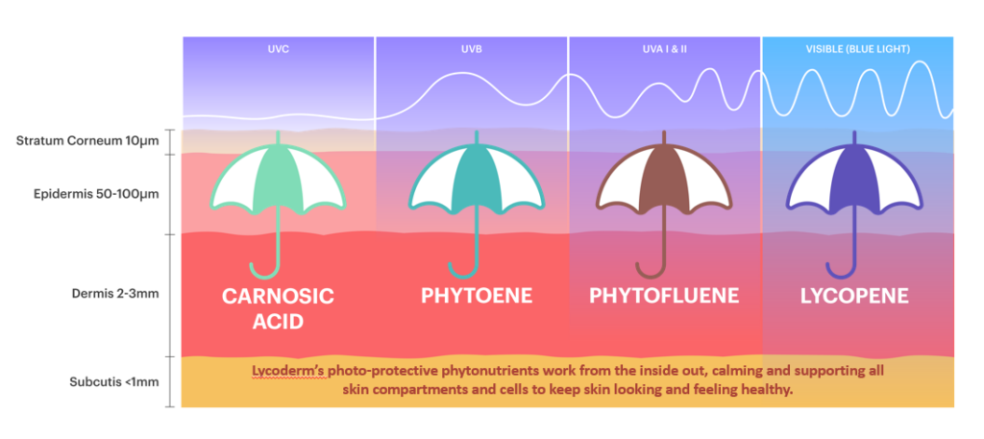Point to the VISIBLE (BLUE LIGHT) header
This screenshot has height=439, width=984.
(857, 48)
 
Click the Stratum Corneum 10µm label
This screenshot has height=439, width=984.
(87, 141)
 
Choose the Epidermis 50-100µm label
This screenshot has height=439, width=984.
(96, 194)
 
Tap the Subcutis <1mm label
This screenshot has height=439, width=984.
(113, 381)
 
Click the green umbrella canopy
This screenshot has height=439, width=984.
(278, 179)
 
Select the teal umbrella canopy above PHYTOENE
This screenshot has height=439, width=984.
(477, 179)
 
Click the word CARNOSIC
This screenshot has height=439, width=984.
(278, 296)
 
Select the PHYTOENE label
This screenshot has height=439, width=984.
(477, 295)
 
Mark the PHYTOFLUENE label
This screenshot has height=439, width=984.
(664, 295)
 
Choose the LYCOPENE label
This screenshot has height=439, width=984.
(854, 295)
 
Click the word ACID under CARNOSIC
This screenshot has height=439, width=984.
(278, 322)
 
